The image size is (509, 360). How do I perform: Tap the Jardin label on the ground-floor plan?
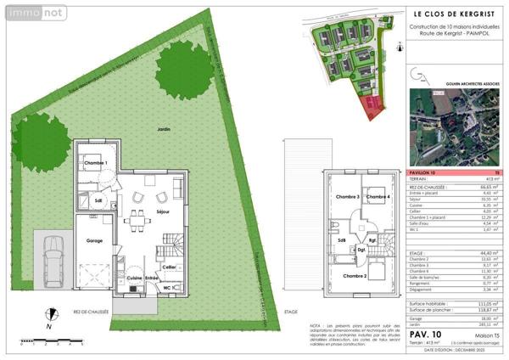tap(164, 128)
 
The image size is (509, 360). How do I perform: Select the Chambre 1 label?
tap(94, 162)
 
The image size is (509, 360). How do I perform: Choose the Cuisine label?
tap(134, 278)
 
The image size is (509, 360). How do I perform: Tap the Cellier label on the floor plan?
tap(169, 267)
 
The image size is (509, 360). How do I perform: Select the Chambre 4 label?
tap(378, 197)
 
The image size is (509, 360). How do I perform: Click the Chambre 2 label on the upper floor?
tap(355, 276)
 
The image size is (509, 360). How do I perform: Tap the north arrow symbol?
tap(51, 314)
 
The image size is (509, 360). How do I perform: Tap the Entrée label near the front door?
tap(153, 278)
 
